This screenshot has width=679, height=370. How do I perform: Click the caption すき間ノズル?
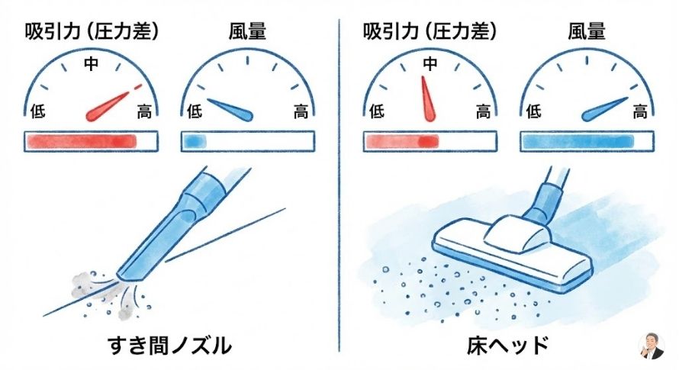point(169,346)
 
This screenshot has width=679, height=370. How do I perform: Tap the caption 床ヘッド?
point(507,346)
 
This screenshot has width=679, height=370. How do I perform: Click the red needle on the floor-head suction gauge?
point(427,98)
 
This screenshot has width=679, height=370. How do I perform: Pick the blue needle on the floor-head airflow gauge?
point(604,109)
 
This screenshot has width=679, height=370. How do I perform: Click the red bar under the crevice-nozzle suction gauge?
point(82,141)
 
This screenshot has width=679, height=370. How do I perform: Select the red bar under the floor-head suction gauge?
point(402,141)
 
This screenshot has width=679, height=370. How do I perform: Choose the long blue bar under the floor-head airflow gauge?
point(578,141)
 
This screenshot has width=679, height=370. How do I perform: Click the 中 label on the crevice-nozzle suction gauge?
point(91,63)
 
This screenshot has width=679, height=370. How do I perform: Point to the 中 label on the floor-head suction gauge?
point(430,63)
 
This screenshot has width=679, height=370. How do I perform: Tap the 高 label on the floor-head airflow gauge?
point(639,112)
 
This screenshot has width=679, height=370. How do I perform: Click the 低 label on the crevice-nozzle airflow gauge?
point(195,112)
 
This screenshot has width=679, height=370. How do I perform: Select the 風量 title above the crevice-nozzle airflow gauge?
point(247,31)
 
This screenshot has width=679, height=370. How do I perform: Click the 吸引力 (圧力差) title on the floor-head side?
point(430,31)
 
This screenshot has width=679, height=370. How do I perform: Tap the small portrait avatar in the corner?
point(652,346)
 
